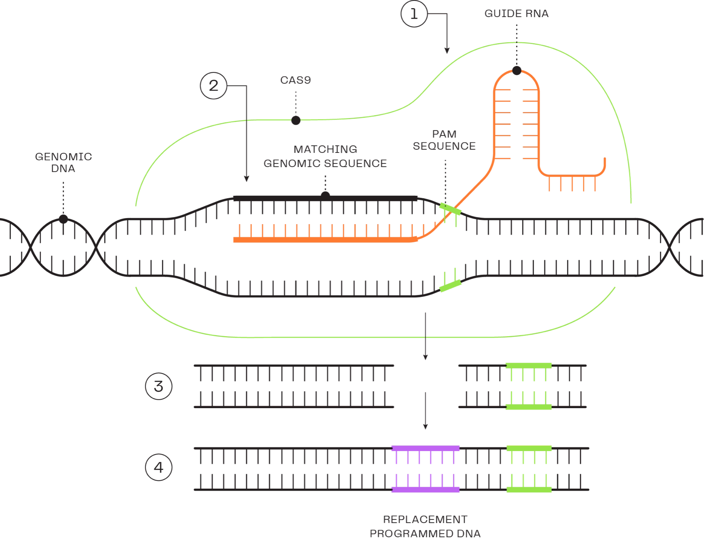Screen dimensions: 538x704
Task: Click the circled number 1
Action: point(414,15)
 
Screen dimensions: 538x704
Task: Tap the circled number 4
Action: point(160,468)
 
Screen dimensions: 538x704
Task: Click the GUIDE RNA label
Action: point(516,14)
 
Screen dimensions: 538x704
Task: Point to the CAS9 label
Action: point(296,80)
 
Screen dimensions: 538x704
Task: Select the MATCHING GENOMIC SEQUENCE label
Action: point(325,156)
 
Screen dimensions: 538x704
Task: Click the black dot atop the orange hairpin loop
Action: point(516,71)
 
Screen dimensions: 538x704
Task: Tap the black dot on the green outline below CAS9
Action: point(296,120)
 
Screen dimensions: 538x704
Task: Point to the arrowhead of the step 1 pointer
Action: point(447,51)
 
